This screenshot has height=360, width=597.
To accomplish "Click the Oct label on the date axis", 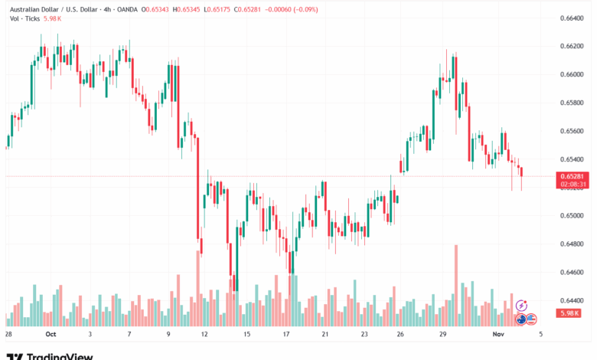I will (x=51, y=335).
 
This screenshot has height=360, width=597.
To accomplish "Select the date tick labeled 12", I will (x=204, y=335).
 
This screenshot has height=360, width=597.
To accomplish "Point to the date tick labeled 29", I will (x=442, y=335).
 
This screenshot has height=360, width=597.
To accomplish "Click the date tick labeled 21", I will (x=325, y=335).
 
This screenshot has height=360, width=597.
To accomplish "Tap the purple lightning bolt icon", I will (x=522, y=305).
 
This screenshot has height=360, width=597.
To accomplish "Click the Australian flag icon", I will (x=520, y=318).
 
